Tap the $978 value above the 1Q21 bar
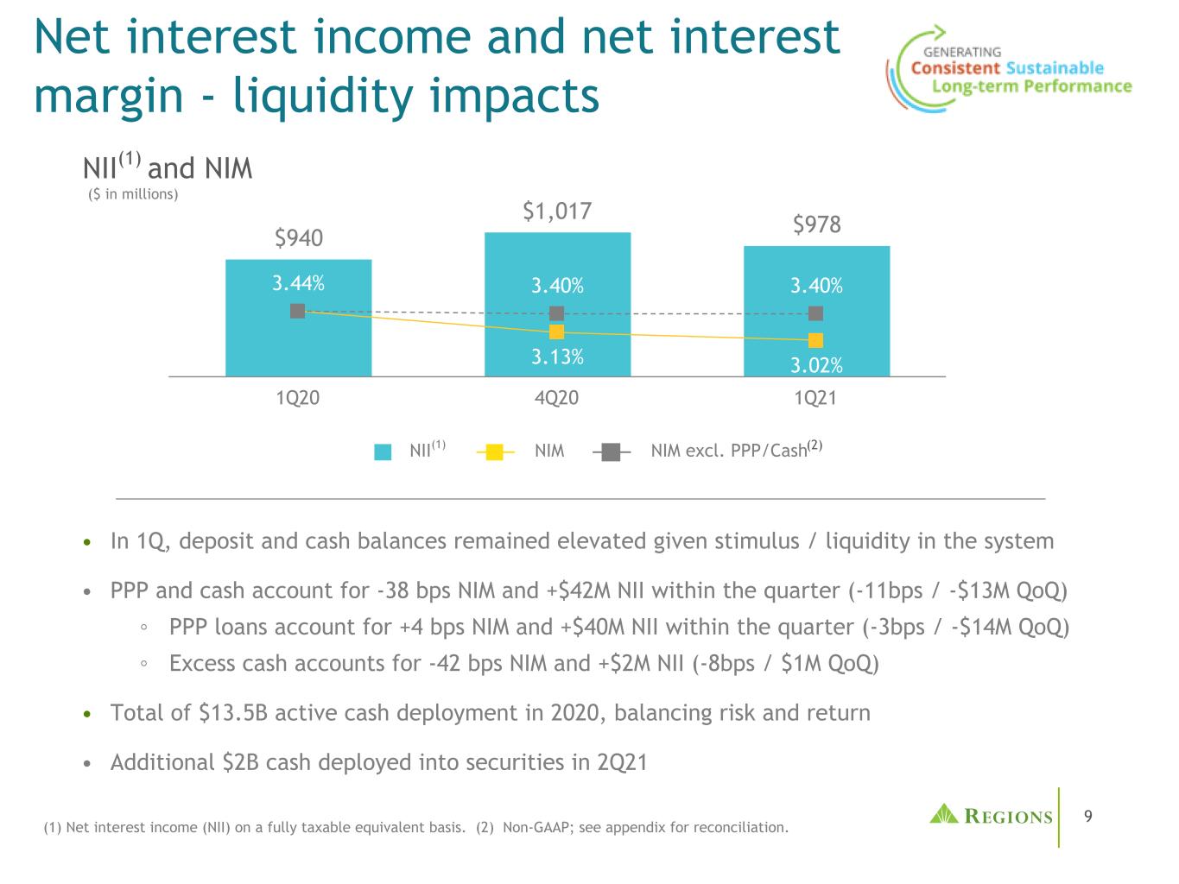(x=816, y=225)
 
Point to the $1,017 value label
(x=557, y=211)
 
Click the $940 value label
(x=298, y=237)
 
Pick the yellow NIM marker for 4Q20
(x=557, y=331)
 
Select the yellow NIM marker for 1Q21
(x=816, y=340)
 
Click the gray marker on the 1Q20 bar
(x=298, y=311)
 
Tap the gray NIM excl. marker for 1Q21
(x=816, y=313)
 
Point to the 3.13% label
(x=557, y=357)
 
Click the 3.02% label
(x=816, y=365)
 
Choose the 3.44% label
(x=298, y=283)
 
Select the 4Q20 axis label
(x=557, y=398)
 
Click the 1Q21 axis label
(x=816, y=398)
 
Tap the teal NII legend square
(x=383, y=451)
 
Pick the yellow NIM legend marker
(x=494, y=451)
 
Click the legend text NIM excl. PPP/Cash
(x=728, y=451)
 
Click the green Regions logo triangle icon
(x=943, y=813)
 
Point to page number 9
(x=1087, y=815)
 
